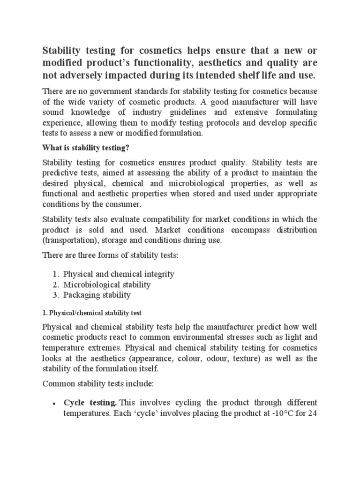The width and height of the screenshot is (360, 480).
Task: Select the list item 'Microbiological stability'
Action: coord(107,285)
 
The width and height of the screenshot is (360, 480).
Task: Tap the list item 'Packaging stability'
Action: coord(97,295)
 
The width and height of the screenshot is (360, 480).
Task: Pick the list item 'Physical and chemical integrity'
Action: coord(119,274)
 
